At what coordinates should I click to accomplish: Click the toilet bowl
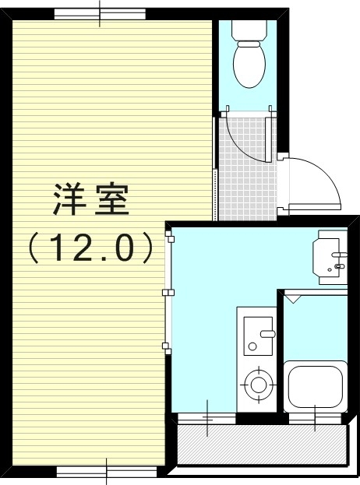coord(249,65)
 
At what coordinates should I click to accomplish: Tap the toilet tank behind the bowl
coord(249,29)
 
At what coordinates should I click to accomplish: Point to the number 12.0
coord(90,248)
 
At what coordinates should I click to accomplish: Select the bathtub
coord(315,387)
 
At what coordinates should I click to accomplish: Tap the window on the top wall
coord(100,14)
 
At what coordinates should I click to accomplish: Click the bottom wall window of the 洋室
coord(107,471)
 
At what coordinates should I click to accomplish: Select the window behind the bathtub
coord(315,419)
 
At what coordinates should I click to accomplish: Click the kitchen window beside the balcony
coord(207,419)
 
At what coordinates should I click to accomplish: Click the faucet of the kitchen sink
coord(267,334)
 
